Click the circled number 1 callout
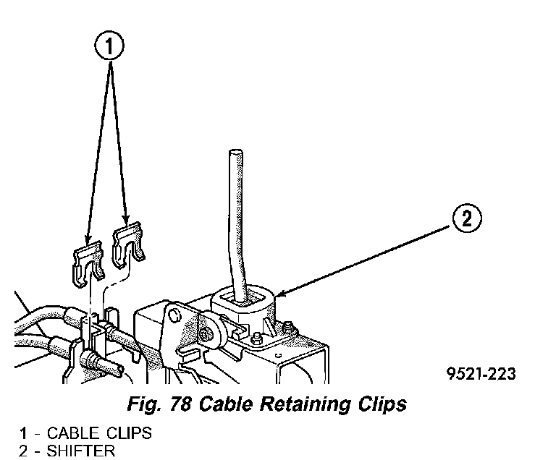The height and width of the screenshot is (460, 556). pyautogui.click(x=109, y=48)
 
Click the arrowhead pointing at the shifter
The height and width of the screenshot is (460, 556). pyautogui.click(x=279, y=294)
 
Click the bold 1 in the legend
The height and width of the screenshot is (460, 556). pyautogui.click(x=25, y=434)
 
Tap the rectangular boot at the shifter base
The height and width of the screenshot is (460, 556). pyautogui.click(x=243, y=307)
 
